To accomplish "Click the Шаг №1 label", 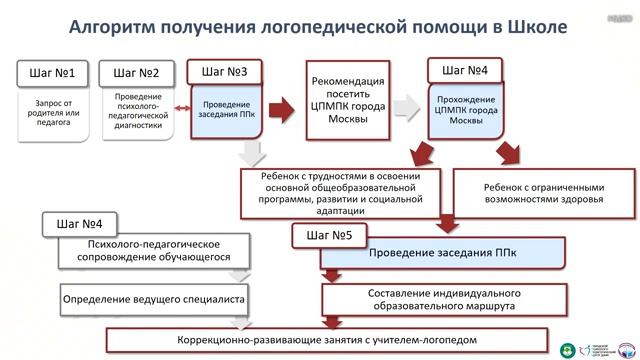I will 53,72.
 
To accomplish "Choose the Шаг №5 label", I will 329,236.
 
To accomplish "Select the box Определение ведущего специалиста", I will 154,298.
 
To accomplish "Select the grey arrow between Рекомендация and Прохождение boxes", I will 406,105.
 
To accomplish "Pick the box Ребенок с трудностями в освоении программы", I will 341,191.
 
